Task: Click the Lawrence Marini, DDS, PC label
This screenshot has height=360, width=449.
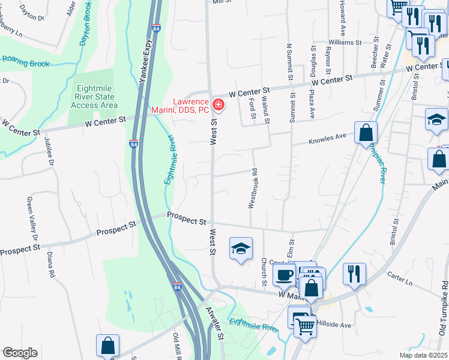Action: (190, 106)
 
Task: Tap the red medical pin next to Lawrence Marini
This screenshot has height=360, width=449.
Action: (218, 106)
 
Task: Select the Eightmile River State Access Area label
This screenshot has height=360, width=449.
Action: (94, 97)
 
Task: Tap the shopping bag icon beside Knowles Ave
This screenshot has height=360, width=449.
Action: (366, 133)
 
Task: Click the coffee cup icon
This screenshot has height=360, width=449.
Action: (283, 275)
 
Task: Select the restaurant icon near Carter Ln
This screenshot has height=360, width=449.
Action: (354, 274)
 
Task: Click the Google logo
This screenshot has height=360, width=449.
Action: (20, 353)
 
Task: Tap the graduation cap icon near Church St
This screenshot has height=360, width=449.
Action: (241, 248)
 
